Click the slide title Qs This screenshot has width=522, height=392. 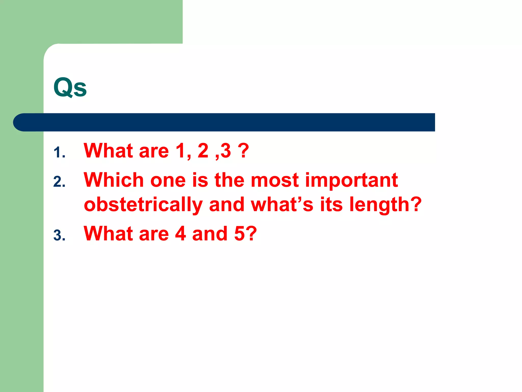70,87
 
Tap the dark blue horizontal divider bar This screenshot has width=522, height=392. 224,122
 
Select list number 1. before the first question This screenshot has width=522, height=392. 59,153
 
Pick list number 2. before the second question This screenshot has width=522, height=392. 59,182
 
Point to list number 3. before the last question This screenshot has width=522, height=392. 59,235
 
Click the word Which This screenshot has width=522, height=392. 114,180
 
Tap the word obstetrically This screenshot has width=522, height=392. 143,205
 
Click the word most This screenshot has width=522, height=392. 275,180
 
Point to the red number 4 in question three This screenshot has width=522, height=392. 180,234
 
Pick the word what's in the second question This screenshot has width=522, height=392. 282,205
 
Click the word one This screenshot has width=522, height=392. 168,180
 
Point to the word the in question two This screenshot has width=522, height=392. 229,180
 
